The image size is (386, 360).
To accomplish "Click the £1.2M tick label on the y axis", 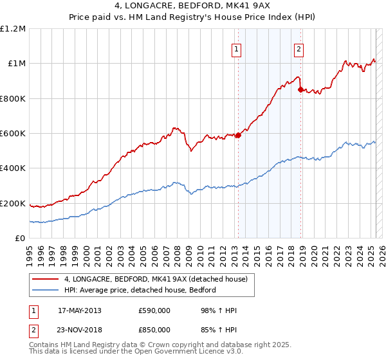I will pos(13,29).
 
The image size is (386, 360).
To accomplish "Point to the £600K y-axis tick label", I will pos(13,134).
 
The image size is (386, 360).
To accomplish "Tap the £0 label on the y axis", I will pos(21,239).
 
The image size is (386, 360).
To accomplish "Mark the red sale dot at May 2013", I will pos(238,135).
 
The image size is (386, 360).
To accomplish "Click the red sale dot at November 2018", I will pos(300,89).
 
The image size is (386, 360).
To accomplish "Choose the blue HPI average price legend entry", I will pos(140,290).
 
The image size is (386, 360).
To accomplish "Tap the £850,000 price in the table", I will pos(154,329).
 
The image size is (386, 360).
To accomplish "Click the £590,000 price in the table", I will pos(154,311).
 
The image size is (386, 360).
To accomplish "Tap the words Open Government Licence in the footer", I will pos(172,353).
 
